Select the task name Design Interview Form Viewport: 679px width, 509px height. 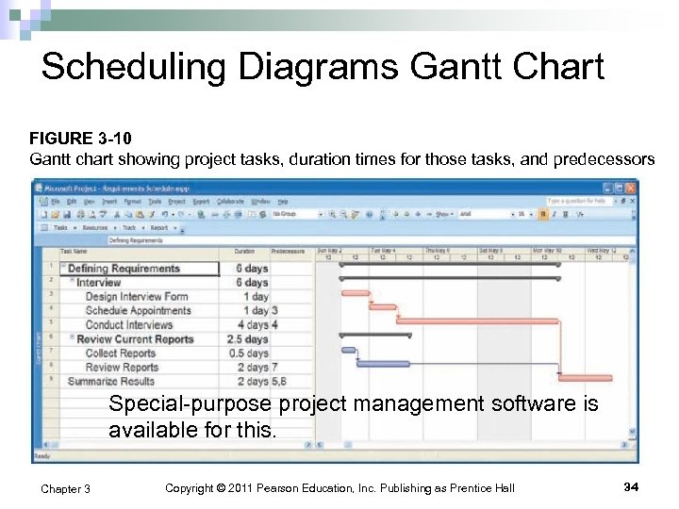136,296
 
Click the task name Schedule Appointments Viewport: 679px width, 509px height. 138,310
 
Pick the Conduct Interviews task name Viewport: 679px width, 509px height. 129,324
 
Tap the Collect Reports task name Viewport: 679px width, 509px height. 120,353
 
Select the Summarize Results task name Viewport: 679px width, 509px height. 110,381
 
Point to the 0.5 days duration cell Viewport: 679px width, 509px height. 251,353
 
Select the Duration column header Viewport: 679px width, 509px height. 244,252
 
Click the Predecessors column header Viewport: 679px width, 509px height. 288,252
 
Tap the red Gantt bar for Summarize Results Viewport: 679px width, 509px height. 585,378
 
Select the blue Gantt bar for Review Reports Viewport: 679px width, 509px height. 383,364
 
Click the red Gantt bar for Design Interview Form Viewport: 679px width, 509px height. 356,293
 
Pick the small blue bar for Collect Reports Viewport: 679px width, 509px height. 348,350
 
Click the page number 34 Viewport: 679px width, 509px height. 631,486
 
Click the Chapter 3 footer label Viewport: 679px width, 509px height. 66,488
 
